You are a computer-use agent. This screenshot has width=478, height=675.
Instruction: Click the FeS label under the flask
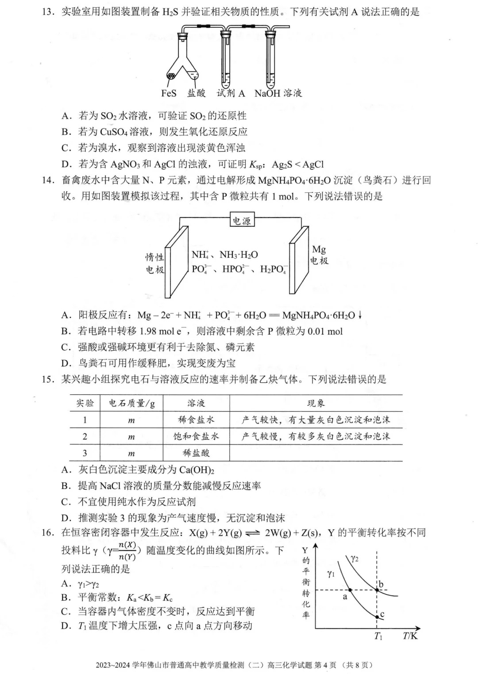(x=169, y=93)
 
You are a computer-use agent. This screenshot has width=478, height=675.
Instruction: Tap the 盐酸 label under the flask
(x=197, y=93)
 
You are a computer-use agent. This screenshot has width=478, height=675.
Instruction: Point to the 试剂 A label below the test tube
(x=231, y=93)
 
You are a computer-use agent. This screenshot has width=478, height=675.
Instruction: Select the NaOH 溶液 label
(x=278, y=93)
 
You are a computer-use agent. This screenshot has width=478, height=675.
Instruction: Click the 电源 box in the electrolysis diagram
(x=242, y=221)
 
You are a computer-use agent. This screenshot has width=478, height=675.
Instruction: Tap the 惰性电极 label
(x=155, y=263)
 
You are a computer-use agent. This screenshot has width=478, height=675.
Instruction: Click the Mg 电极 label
(x=319, y=255)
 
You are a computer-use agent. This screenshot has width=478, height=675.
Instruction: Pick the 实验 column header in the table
(x=85, y=403)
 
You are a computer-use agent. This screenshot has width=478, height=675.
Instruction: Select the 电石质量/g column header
(x=131, y=403)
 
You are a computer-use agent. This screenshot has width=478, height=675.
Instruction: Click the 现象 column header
(x=316, y=403)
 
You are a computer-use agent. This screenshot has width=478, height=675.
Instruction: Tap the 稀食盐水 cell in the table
(x=196, y=420)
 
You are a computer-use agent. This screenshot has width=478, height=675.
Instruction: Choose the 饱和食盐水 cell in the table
(x=196, y=437)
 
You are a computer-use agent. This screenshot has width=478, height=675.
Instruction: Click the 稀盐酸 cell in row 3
(x=196, y=453)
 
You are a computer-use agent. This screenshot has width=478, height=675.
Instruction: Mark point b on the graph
(x=377, y=590)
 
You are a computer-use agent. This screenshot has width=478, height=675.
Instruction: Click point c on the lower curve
(x=377, y=617)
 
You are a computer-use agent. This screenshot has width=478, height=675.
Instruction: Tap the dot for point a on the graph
(x=350, y=590)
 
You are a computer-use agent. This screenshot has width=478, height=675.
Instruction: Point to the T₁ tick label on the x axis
(x=378, y=637)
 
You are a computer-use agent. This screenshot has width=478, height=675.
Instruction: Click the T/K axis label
(x=410, y=636)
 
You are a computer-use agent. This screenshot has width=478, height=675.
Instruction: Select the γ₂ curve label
(x=355, y=559)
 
